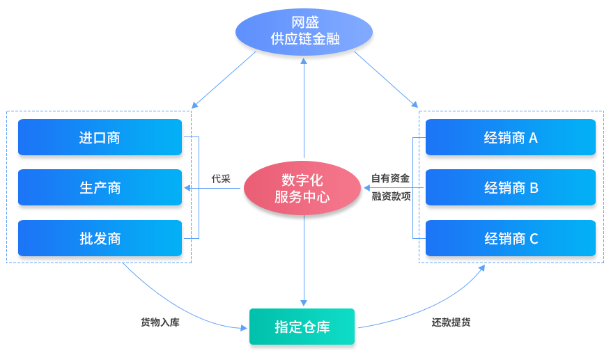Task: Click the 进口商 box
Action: [100, 138]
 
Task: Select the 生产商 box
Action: [100, 188]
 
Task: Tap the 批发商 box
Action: [100, 239]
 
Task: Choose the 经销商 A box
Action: [511, 138]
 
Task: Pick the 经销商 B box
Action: [511, 188]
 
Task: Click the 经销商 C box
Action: [511, 239]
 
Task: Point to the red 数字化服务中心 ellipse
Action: [302, 189]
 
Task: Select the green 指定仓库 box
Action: [302, 327]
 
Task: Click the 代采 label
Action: [221, 179]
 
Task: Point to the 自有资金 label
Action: [390, 179]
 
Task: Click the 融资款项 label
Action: [391, 197]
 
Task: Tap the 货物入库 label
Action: [160, 322]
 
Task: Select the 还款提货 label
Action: [451, 322]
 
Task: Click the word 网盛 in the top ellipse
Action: [305, 23]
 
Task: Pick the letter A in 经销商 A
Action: [533, 138]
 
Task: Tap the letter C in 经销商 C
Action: [534, 239]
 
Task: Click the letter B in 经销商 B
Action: [534, 188]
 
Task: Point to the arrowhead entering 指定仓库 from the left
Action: [244, 327]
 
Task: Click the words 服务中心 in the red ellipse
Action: [302, 197]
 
